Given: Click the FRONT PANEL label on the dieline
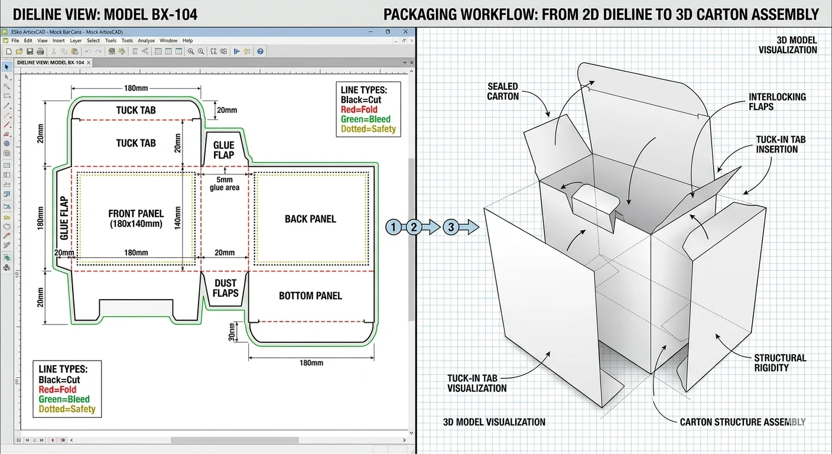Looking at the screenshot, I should (x=136, y=218).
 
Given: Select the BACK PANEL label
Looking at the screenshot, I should (x=310, y=219).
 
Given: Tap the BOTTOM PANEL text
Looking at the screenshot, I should (x=310, y=296).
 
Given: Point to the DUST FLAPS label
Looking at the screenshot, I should (x=225, y=288).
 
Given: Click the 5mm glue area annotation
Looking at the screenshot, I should (x=225, y=183).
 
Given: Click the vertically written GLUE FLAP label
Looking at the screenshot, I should (x=64, y=218).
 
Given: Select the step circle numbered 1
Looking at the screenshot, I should (x=394, y=226).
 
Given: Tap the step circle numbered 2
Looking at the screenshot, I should (x=414, y=226).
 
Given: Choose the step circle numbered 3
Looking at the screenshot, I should (x=451, y=226).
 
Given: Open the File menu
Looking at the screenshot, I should (x=15, y=41).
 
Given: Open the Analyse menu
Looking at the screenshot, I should (x=146, y=41).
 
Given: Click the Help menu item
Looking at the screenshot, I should (x=187, y=41).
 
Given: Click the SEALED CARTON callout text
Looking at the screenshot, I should (x=503, y=92).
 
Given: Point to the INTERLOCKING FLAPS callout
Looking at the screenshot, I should (x=777, y=102).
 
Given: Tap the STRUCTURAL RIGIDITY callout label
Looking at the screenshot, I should (x=780, y=362).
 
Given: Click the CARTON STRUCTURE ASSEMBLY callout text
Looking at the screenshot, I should (x=742, y=422).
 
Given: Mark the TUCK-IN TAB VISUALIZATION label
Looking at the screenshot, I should (x=477, y=383).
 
